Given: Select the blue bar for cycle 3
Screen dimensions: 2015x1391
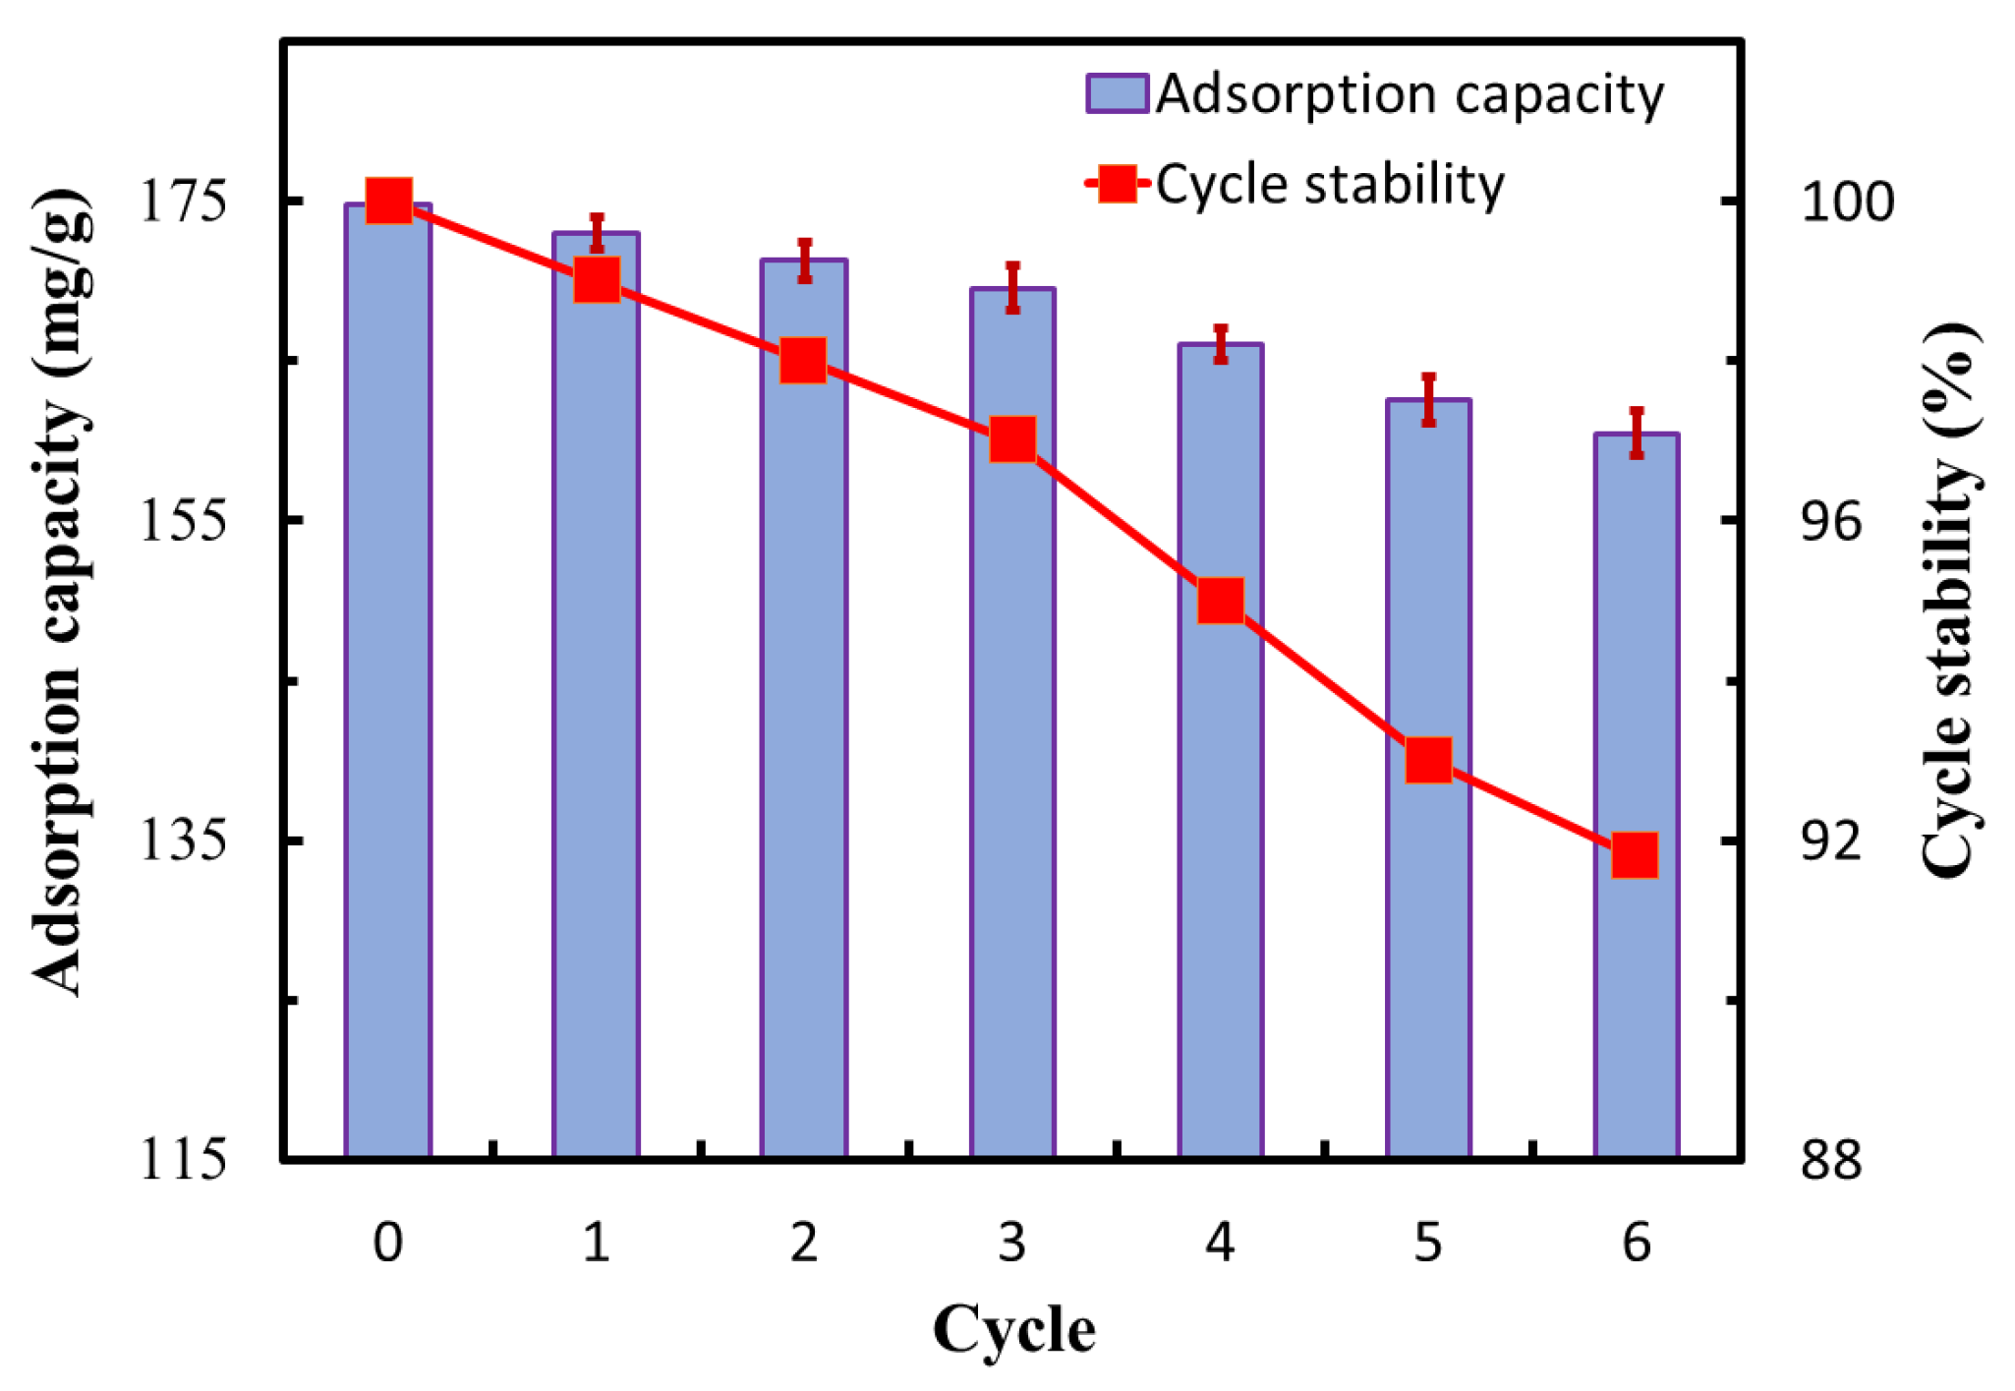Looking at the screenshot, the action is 1012,723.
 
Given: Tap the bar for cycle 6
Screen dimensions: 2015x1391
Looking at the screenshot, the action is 1637,795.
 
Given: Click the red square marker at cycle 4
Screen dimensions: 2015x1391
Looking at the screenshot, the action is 1221,601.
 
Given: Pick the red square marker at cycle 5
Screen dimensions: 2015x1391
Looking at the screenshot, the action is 1428,760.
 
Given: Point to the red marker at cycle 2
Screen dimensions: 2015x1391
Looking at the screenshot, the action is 803,361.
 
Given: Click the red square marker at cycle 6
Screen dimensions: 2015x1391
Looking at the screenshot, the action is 1636,854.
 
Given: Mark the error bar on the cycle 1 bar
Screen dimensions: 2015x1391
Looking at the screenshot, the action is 597,233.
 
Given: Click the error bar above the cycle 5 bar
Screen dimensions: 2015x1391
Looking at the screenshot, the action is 1428,400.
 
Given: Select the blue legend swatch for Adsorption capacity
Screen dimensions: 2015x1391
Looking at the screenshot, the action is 1118,94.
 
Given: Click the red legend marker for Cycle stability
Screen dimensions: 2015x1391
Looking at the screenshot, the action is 1118,184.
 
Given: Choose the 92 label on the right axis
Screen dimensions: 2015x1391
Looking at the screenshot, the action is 1830,841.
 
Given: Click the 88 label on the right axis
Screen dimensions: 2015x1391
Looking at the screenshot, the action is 1830,1160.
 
